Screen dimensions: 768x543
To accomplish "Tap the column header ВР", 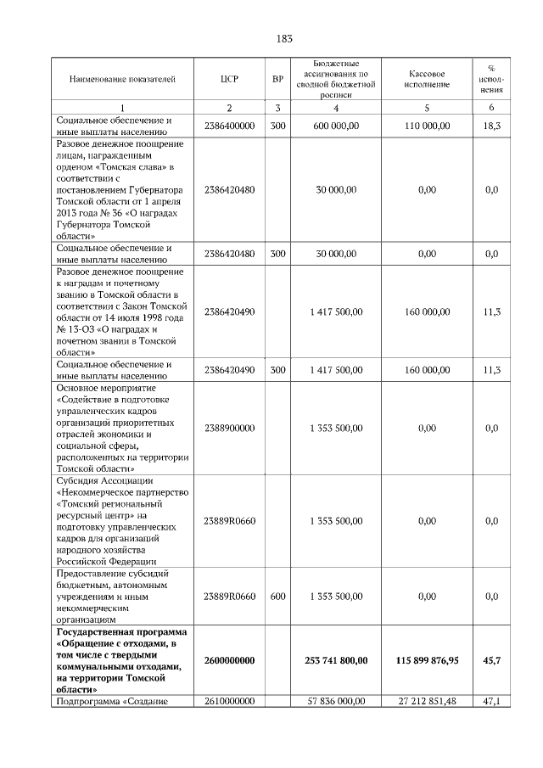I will pos(277,80).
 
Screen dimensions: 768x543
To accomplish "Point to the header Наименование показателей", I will pos(122,80).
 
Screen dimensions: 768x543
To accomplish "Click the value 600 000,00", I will pos(337,126).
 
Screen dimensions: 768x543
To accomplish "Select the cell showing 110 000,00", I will pos(427,126).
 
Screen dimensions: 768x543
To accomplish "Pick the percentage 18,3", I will pos(491,126).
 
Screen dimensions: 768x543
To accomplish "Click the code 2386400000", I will pos(229,126).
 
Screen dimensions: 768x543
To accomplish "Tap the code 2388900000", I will pos(229,428).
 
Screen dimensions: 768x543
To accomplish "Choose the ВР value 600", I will pos(277,597).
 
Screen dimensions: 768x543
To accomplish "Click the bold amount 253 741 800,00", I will pos(337,659).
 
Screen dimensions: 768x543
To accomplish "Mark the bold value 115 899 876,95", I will pos(427,659).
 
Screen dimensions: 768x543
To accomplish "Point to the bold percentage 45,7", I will pos(491,659).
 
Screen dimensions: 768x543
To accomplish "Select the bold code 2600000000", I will pos(229,659).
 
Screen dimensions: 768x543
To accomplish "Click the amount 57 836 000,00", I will pos(337,701).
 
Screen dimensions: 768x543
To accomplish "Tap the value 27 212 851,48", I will pos(427,701).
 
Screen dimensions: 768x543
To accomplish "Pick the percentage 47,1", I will pos(491,701).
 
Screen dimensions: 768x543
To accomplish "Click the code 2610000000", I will pos(229,701).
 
